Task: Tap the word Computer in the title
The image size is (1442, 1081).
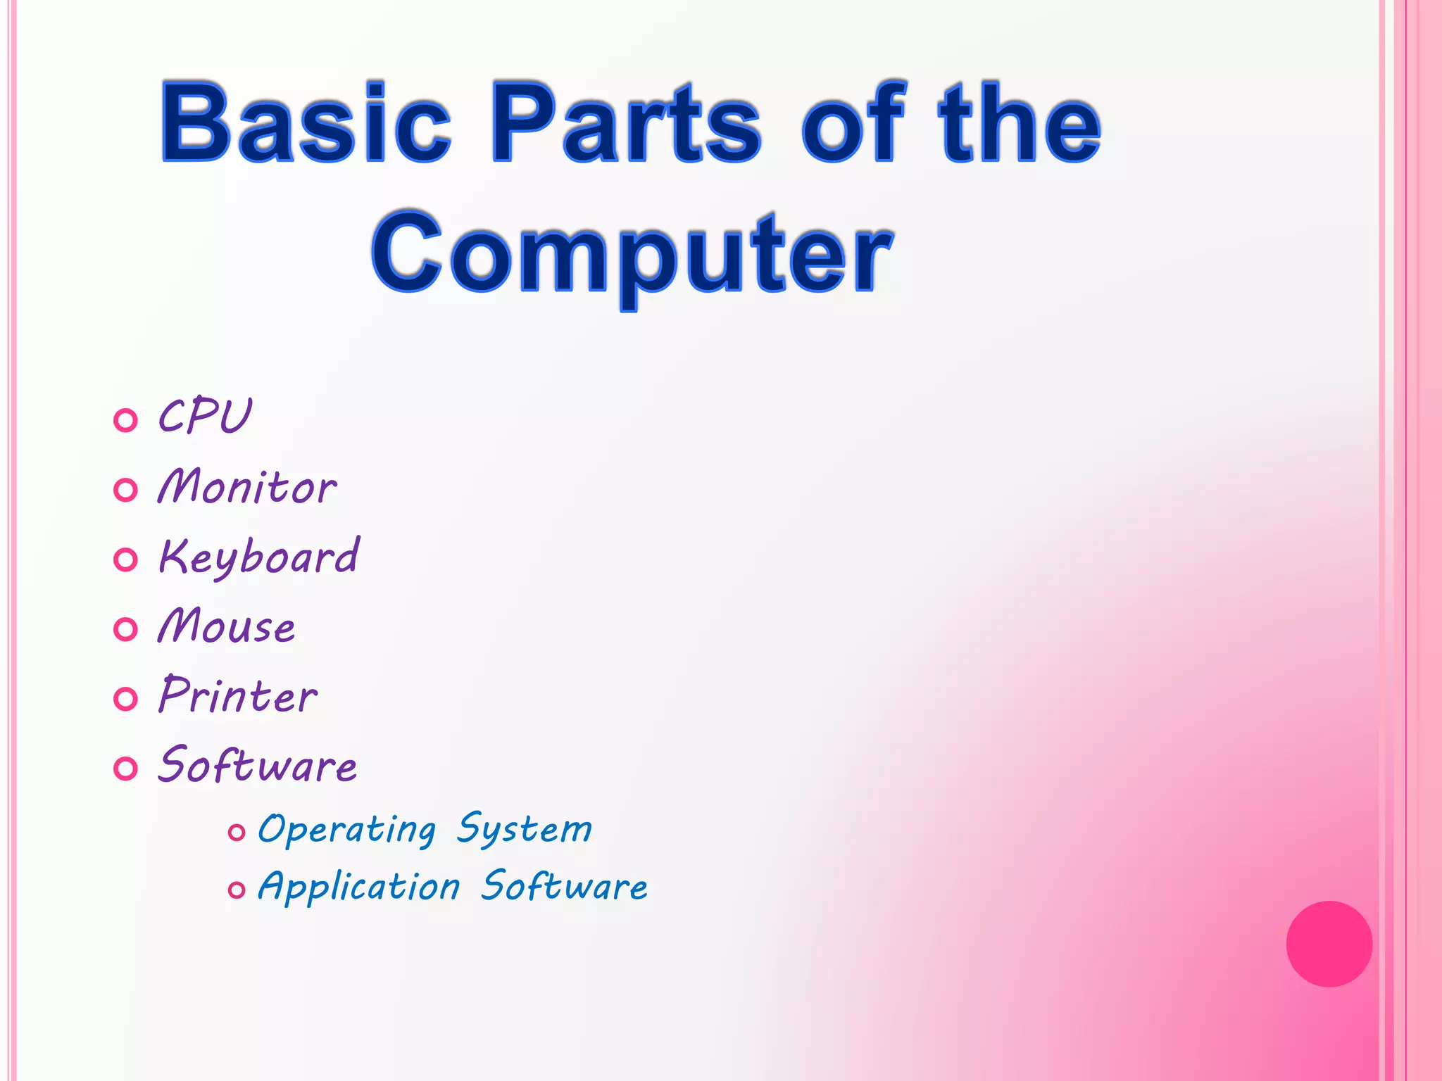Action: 632,253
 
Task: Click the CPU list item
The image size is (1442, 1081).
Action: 204,417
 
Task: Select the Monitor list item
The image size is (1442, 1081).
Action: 247,486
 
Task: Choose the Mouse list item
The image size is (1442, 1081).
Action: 227,626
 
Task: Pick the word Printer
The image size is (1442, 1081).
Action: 238,695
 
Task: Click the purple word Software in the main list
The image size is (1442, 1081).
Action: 258,765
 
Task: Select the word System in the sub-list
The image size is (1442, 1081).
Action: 525,829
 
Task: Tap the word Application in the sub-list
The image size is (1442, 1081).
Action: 359,887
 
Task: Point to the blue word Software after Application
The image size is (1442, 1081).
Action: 564,886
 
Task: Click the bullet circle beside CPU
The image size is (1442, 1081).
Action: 125,421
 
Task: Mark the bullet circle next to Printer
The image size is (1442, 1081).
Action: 125,699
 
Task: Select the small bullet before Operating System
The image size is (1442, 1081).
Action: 237,833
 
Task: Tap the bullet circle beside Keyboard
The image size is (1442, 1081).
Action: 125,560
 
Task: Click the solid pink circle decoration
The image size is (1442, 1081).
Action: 1329,944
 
